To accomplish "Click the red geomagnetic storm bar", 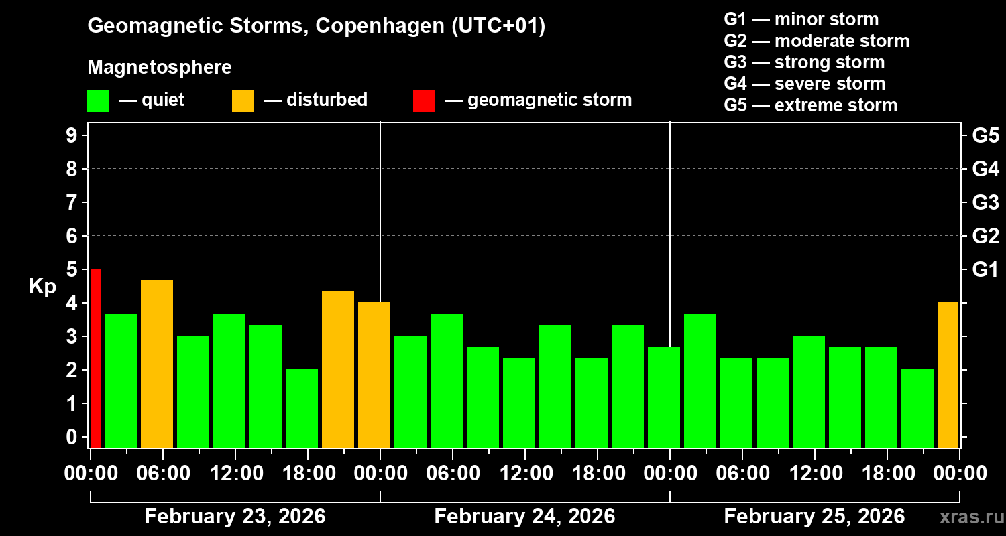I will [96, 358].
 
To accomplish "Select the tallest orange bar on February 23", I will [157, 363].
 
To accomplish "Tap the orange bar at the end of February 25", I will [947, 375].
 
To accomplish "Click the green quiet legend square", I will [98, 101].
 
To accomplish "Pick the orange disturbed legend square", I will [243, 101].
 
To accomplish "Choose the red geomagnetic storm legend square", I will [424, 101].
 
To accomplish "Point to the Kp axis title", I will [42, 287].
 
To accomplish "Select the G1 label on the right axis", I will [985, 270].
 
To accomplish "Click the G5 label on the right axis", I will [985, 136].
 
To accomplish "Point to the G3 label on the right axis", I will [985, 202].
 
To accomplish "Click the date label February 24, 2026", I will [524, 517].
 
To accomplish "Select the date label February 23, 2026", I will [235, 517].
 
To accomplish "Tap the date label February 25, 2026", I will [814, 517].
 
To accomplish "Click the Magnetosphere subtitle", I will [160, 68].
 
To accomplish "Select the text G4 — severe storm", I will [804, 84].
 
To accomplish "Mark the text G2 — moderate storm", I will [816, 41].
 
